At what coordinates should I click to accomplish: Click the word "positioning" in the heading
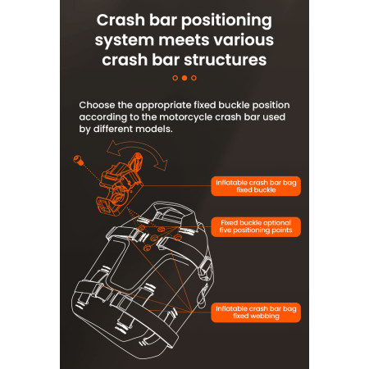(x=226, y=21)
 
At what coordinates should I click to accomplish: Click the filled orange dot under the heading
(x=184, y=78)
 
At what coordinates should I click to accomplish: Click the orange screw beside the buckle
(x=78, y=160)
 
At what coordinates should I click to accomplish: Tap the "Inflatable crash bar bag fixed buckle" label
(x=256, y=186)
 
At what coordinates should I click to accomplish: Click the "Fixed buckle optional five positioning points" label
(x=256, y=226)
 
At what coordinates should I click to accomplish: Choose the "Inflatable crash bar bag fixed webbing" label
(x=256, y=312)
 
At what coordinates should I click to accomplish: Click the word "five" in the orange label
(x=225, y=230)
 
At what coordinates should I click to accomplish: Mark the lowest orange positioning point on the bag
(x=147, y=248)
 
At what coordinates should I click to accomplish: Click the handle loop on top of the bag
(x=174, y=211)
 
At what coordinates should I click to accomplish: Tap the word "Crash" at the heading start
(x=121, y=20)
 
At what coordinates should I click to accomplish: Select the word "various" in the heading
(x=244, y=40)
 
